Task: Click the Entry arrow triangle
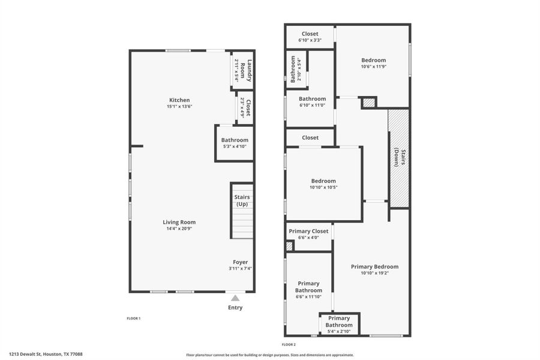(235, 298)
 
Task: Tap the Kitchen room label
(179, 100)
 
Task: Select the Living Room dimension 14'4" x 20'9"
(179, 229)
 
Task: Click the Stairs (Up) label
(242, 200)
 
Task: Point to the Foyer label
(241, 262)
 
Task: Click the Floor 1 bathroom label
(235, 140)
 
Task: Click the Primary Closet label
(308, 231)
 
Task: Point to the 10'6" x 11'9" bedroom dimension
(373, 67)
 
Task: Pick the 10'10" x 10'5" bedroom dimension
(323, 187)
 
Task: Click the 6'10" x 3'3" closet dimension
(310, 40)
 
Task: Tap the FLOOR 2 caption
(289, 344)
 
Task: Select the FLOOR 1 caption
(133, 318)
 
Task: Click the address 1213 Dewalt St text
(46, 354)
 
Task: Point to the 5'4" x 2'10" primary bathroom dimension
(339, 331)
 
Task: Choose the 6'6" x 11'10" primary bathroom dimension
(308, 296)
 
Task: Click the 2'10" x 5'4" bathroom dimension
(299, 70)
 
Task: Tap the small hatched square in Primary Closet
(289, 246)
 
